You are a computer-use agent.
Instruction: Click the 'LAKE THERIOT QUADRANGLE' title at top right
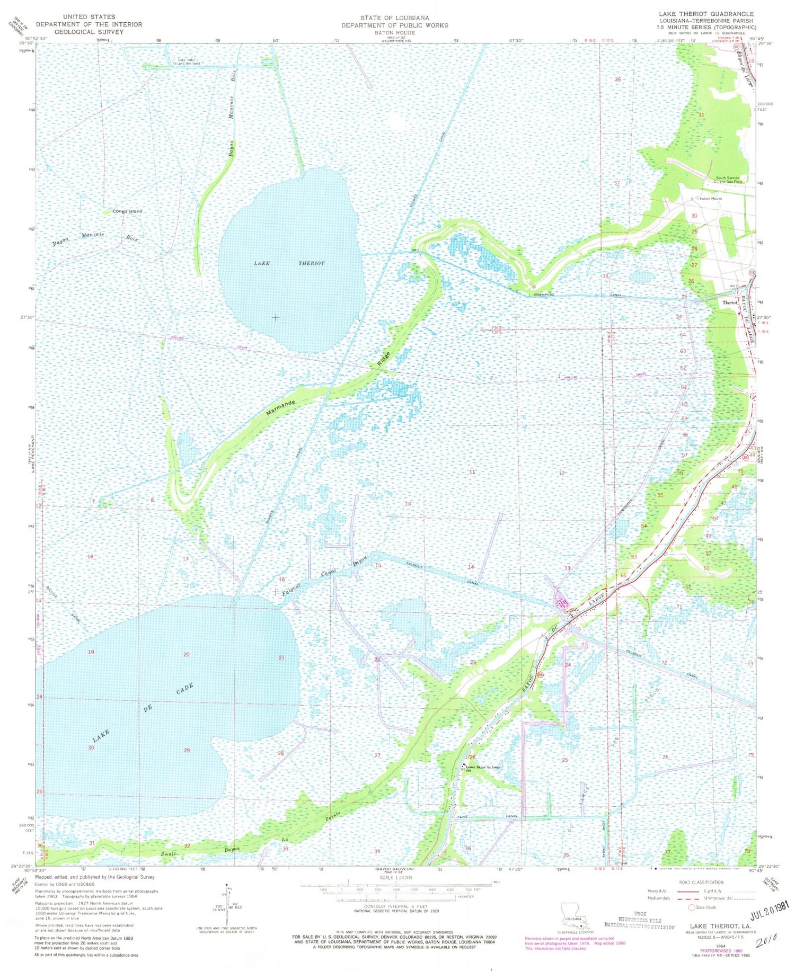(x=706, y=14)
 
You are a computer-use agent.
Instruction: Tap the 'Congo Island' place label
(x=127, y=211)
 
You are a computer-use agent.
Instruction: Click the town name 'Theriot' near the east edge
(x=730, y=302)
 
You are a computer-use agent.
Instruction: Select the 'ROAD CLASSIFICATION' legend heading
(x=701, y=883)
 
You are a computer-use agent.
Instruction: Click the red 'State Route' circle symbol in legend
(x=692, y=907)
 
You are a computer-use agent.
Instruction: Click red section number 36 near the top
(x=617, y=79)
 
